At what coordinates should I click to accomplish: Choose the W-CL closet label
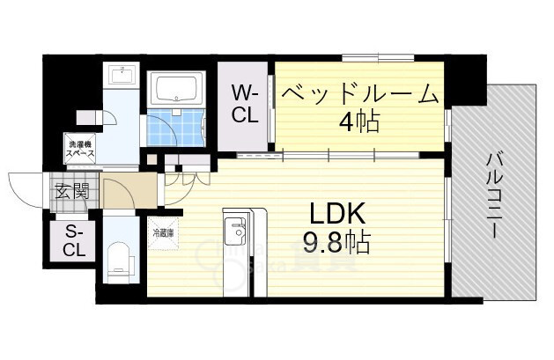(x=244, y=102)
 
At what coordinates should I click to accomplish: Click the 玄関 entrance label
(x=71, y=189)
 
